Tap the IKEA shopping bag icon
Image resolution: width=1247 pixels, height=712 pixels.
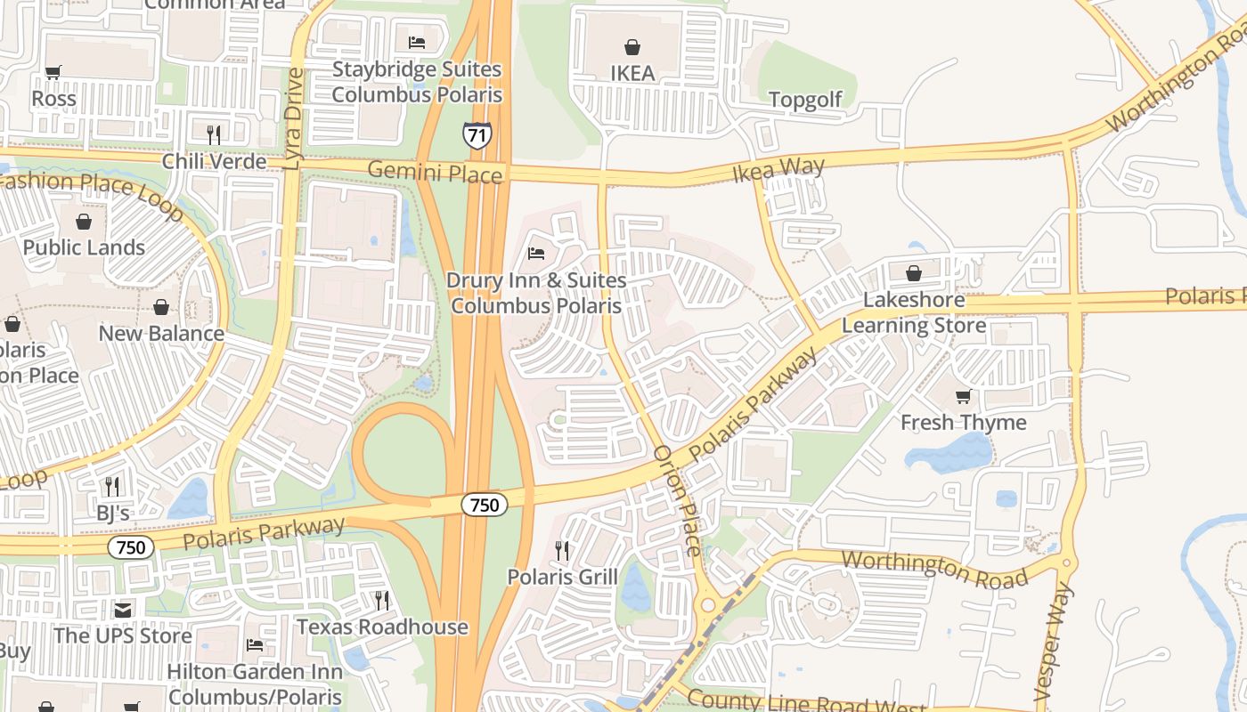click(x=632, y=47)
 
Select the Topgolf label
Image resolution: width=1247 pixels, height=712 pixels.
click(x=804, y=100)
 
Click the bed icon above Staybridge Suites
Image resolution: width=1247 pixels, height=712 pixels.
click(x=416, y=42)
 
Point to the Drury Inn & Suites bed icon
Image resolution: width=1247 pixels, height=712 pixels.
click(x=536, y=254)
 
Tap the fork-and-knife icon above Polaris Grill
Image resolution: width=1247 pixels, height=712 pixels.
click(x=562, y=550)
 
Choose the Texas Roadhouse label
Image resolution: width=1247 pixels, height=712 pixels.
click(x=382, y=627)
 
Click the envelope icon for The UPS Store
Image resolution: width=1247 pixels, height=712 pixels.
click(x=123, y=610)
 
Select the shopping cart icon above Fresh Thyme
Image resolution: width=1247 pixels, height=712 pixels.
click(x=963, y=396)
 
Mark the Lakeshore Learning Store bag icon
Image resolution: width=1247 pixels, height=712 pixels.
click(x=913, y=273)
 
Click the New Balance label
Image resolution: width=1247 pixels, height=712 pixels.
click(x=161, y=334)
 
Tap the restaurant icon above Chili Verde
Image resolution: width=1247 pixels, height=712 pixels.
click(x=214, y=134)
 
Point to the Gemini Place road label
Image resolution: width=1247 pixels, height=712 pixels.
click(x=435, y=171)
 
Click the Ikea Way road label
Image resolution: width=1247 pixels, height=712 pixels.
click(x=778, y=169)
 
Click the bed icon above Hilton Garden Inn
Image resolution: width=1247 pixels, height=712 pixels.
click(x=255, y=644)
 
